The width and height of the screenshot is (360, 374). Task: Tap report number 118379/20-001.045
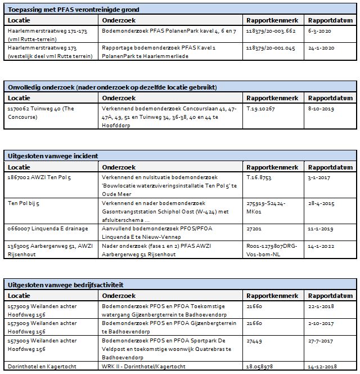[271, 48]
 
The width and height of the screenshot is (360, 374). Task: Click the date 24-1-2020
[321, 48]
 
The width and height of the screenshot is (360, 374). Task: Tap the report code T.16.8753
[262, 177]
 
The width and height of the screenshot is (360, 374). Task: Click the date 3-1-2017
[319, 177]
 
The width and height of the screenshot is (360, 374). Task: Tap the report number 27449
[255, 341]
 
